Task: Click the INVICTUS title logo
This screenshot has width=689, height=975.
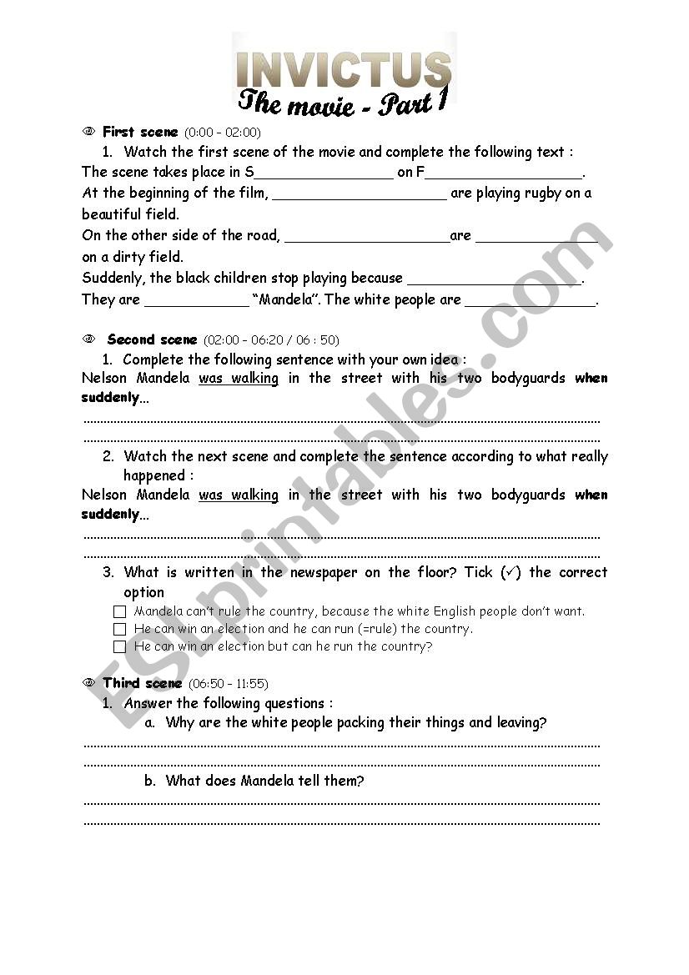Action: (344, 69)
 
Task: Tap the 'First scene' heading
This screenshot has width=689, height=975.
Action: (140, 132)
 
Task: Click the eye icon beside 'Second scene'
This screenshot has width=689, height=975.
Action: (89, 339)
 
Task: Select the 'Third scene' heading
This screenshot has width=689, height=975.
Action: (143, 683)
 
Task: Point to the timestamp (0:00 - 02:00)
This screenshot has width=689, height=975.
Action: (223, 132)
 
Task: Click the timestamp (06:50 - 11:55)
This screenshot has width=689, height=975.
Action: (229, 684)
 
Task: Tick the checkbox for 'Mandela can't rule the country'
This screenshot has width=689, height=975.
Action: (120, 611)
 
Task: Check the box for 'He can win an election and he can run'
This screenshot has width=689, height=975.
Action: (120, 629)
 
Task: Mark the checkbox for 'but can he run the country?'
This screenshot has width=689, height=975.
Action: (120, 646)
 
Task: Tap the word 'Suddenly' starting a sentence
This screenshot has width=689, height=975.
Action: (113, 278)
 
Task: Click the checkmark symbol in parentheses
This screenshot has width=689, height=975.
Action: (510, 572)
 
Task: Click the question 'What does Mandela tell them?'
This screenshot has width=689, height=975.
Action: (264, 781)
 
